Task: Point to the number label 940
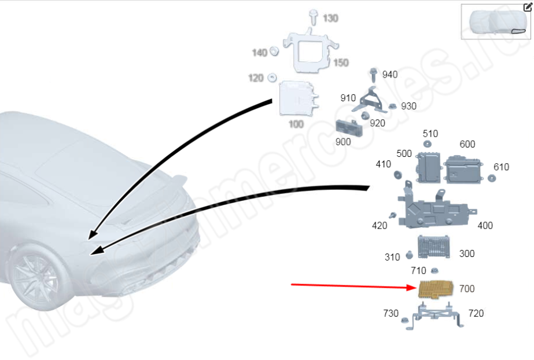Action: (390, 75)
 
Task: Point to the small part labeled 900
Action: (349, 128)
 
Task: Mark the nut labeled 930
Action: (392, 106)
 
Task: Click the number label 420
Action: (380, 225)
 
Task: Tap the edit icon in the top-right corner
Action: (528, 8)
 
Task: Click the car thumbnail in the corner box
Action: (496, 23)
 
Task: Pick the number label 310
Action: (392, 256)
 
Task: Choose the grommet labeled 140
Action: (275, 52)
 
